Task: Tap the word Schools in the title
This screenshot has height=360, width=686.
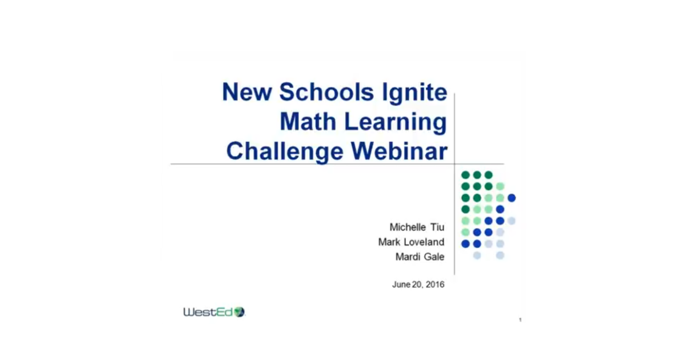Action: pos(326,92)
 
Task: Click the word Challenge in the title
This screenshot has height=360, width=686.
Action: pos(285,152)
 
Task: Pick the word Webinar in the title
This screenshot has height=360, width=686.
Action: pos(400,151)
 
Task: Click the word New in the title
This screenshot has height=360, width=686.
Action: pos(247,92)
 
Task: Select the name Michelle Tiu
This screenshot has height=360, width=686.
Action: pos(417,227)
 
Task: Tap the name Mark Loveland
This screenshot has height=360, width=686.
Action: pos(411,242)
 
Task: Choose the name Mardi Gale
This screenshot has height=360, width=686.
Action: pos(420,257)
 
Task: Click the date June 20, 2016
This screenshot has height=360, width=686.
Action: pos(418,285)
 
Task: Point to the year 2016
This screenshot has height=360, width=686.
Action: pos(435,285)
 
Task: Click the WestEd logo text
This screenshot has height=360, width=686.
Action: pos(209,312)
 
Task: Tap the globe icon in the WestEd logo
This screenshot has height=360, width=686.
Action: pos(240,312)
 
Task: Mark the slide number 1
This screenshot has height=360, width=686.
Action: pos(520,320)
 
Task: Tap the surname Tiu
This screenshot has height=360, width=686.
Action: pos(437,227)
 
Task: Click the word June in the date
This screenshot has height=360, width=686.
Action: pos(401,285)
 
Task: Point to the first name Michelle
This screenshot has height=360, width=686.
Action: pos(408,227)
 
